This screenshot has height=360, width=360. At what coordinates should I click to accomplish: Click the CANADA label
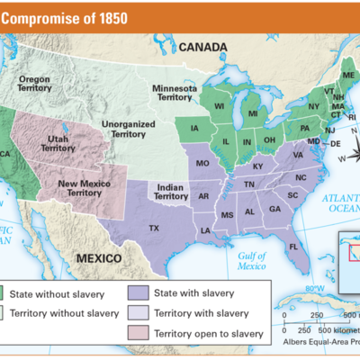coord(203,47)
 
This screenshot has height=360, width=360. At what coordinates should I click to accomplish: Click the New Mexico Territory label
coord(85,187)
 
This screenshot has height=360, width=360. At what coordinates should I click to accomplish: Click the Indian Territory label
coord(170,190)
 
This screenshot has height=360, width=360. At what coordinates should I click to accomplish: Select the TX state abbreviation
coord(154,228)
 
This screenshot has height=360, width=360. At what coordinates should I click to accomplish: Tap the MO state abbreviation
coord(202,163)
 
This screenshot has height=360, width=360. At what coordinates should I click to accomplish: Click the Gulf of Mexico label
coord(251,260)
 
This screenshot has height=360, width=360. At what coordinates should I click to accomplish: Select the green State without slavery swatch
coord(17,293)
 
